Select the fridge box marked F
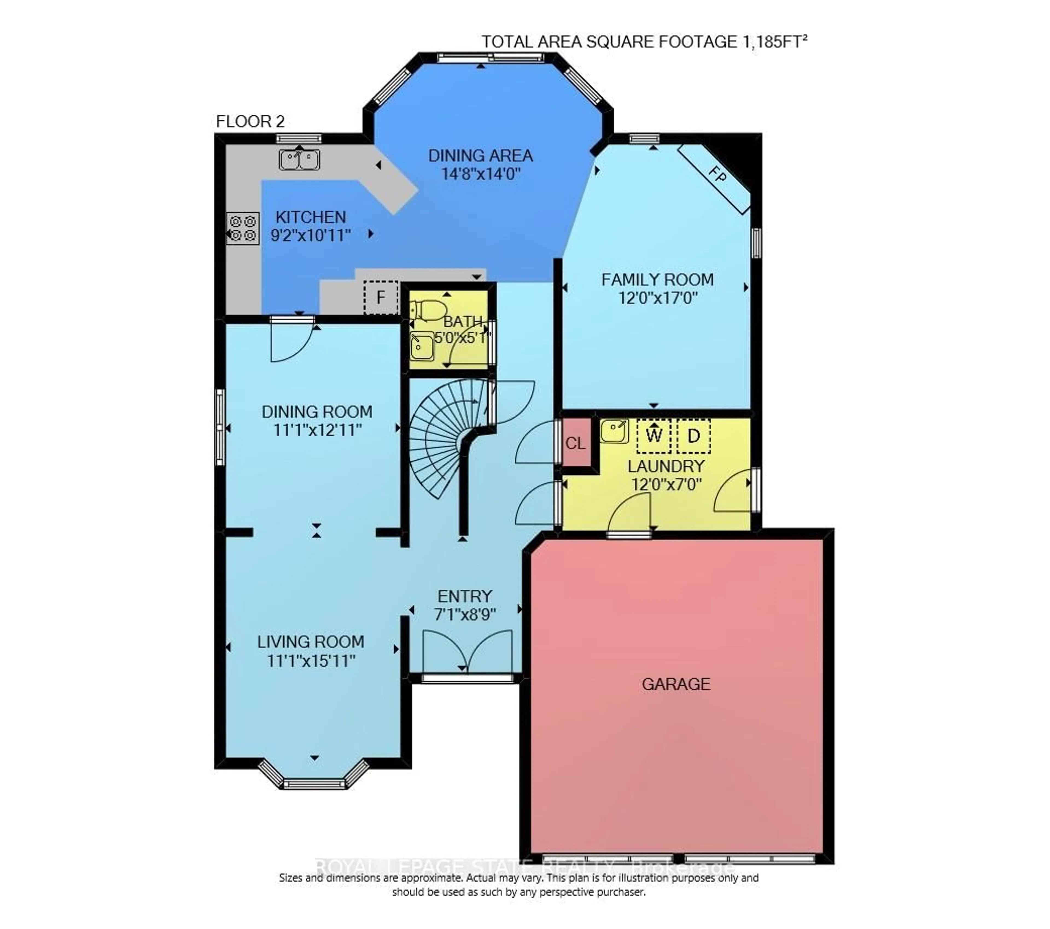pyautogui.click(x=381, y=297)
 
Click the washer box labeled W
pyautogui.click(x=654, y=436)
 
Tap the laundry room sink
pyautogui.click(x=614, y=430)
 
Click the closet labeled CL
pyautogui.click(x=575, y=443)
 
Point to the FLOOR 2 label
pyautogui.click(x=250, y=122)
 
